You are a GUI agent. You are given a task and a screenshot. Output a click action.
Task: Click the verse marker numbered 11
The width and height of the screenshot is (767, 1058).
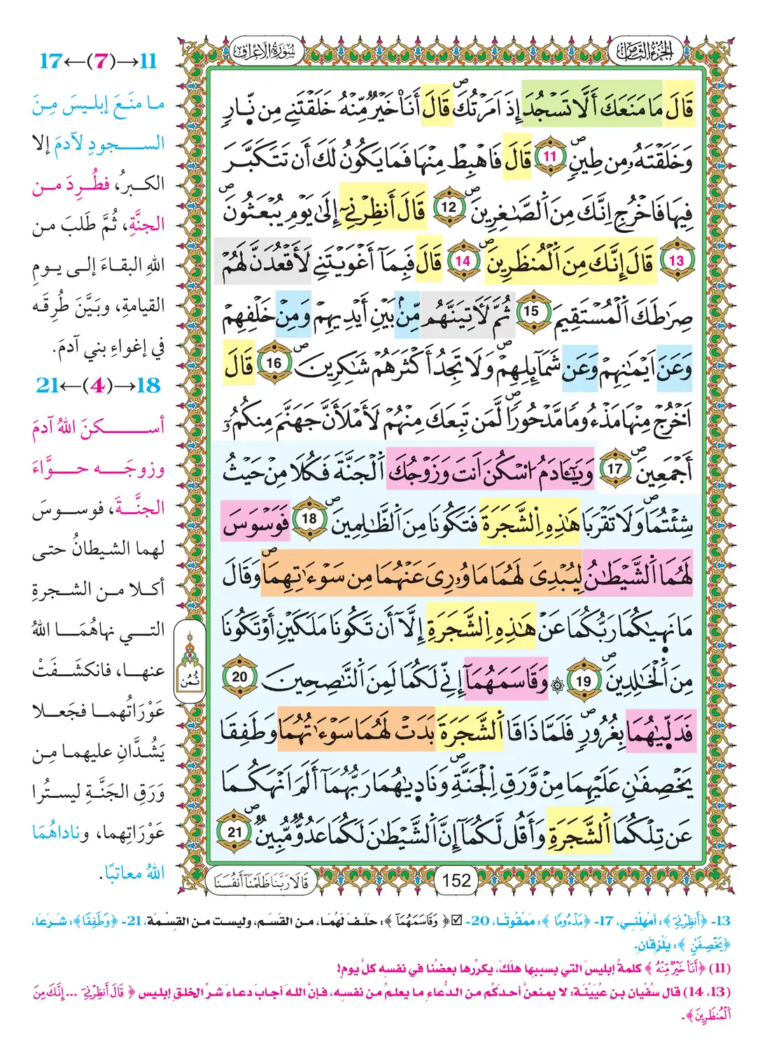click(550, 157)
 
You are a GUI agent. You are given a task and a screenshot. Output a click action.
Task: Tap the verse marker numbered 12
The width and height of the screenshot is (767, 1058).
click(449, 208)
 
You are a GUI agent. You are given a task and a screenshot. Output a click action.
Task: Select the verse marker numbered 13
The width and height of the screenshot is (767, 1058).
click(676, 260)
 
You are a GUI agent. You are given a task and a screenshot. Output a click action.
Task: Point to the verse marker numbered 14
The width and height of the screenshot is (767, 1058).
click(463, 260)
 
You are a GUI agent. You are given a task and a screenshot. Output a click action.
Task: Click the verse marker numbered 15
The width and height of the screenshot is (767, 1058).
click(532, 311)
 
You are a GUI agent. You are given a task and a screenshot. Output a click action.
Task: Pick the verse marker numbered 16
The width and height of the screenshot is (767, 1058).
click(274, 363)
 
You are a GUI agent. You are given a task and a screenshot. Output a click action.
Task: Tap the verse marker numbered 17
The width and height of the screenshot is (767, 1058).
click(614, 468)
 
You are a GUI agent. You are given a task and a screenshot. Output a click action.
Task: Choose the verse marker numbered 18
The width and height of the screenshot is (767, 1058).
click(309, 520)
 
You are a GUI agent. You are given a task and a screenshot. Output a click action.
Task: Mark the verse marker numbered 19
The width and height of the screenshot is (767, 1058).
click(583, 680)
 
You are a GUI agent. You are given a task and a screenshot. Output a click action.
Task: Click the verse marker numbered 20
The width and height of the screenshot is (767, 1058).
click(239, 677)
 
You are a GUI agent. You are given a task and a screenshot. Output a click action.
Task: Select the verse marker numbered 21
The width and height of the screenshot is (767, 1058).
click(235, 832)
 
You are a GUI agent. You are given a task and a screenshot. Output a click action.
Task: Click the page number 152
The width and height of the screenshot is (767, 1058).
click(456, 880)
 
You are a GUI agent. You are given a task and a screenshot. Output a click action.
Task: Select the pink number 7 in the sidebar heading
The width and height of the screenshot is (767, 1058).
click(102, 61)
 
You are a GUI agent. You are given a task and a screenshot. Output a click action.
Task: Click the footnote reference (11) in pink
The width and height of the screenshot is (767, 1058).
click(720, 968)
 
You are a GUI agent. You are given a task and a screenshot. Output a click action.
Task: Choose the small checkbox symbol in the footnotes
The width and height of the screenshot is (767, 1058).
click(456, 921)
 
